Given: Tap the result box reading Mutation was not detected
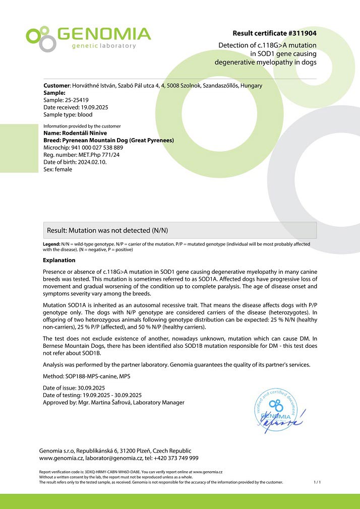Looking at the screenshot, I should [x=179, y=230].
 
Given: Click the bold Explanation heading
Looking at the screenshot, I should [x=59, y=261].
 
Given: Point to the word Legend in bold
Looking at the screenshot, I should [x=52, y=244].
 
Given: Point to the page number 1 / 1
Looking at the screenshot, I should [x=317, y=482].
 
